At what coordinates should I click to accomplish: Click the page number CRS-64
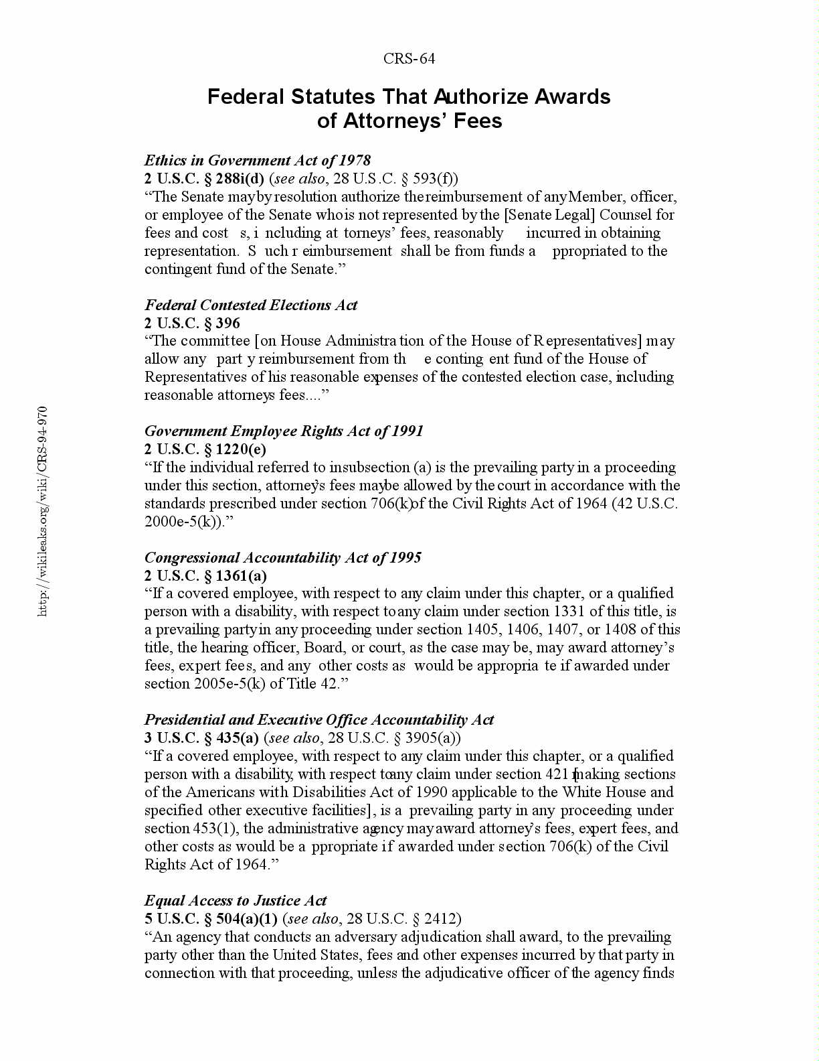click(x=409, y=59)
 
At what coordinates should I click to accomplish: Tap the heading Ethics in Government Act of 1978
click(x=258, y=160)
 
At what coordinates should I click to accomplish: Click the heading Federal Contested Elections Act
click(x=251, y=305)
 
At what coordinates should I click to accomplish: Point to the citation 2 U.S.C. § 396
click(x=192, y=323)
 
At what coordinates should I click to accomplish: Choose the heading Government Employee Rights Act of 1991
click(x=284, y=431)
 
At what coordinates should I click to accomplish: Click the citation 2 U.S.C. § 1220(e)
click(x=205, y=449)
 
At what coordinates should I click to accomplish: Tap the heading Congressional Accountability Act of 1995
click(x=282, y=557)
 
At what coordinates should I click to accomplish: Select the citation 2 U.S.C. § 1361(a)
click(x=205, y=575)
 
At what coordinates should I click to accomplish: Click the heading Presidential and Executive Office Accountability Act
click(x=319, y=720)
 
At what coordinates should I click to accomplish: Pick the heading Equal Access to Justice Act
click(x=236, y=900)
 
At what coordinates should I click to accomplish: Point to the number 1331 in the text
click(x=569, y=611)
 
